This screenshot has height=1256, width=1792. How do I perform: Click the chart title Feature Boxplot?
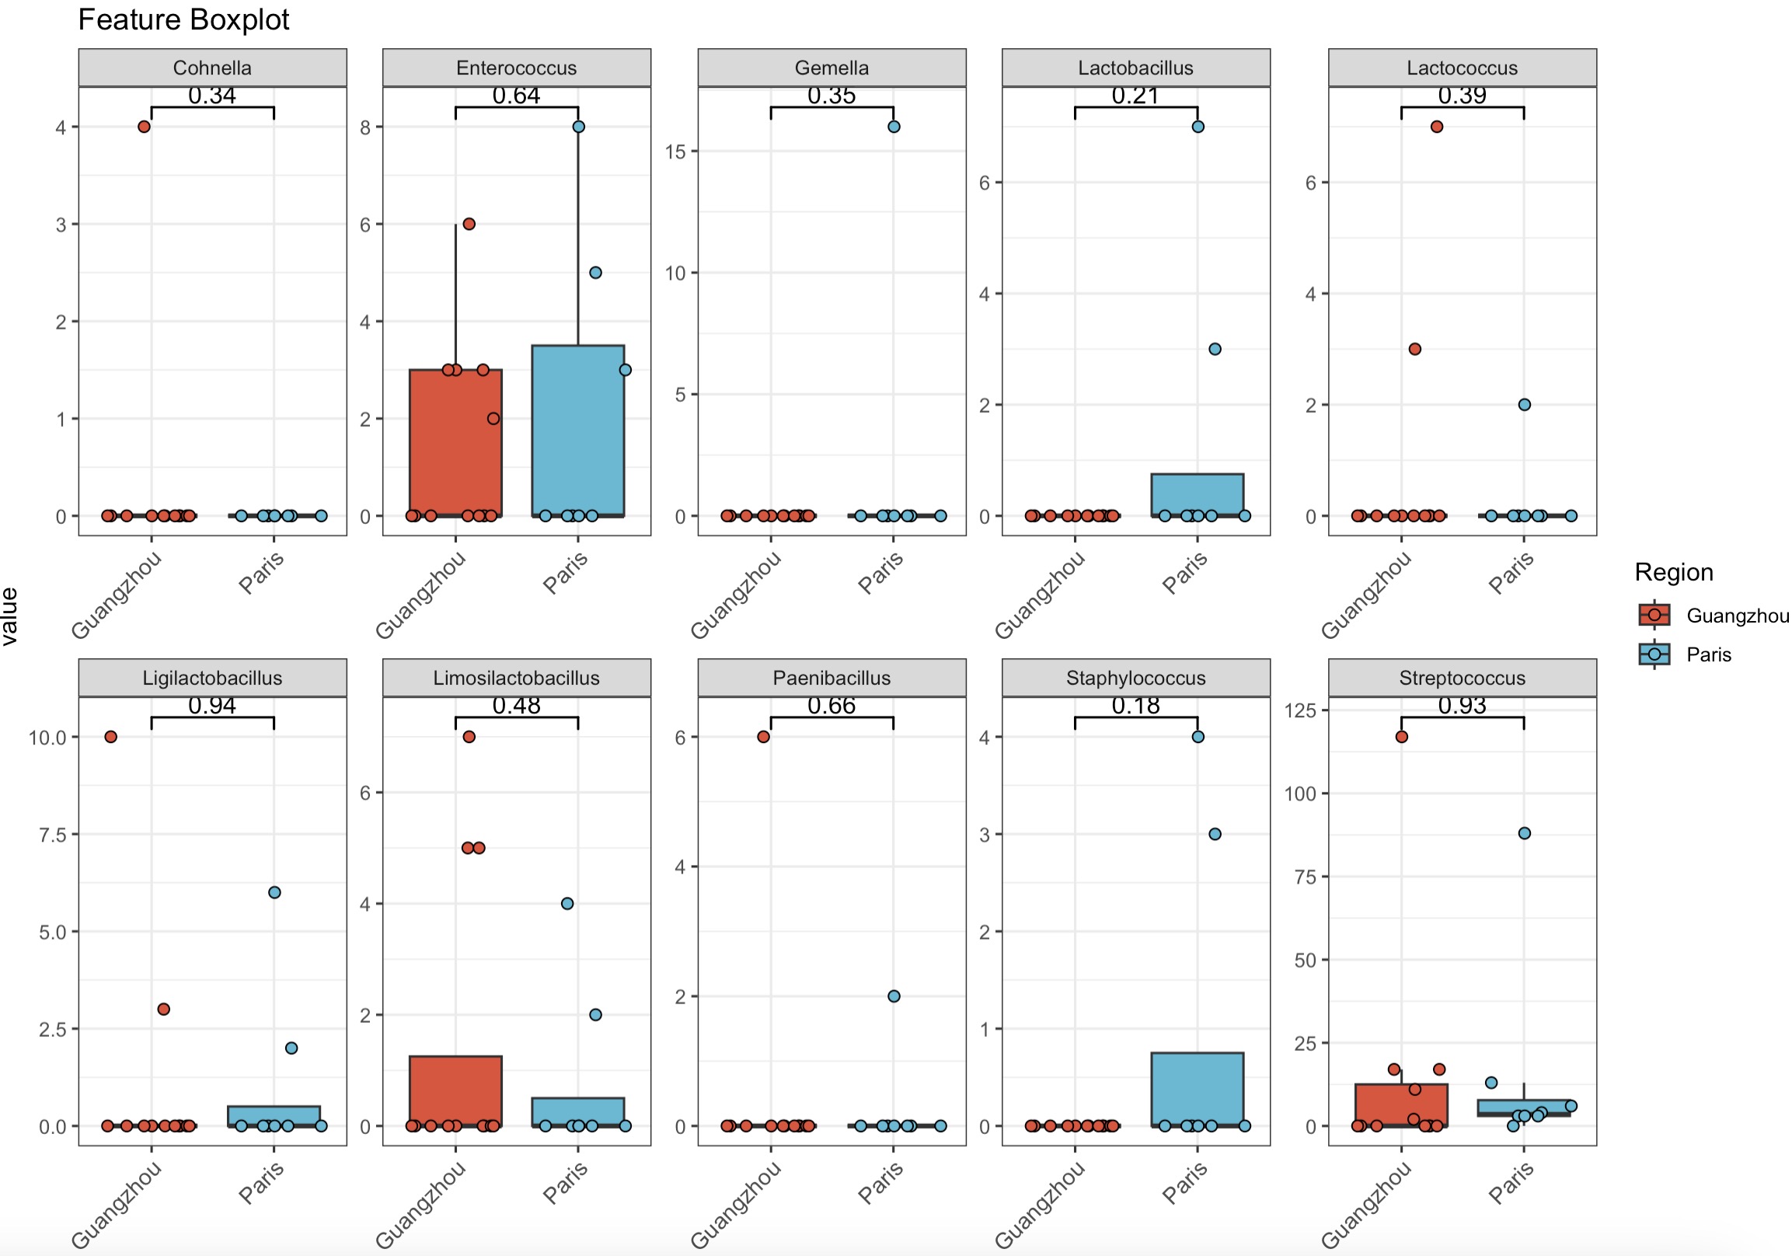(x=183, y=19)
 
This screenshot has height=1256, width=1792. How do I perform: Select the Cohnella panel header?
(x=212, y=68)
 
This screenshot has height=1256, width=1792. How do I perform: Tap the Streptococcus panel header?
(x=1462, y=678)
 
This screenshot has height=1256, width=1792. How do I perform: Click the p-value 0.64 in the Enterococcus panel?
(x=516, y=96)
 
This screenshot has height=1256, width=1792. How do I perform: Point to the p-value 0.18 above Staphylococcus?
(x=1135, y=706)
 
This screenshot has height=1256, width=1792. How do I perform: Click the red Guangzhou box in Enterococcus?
(x=456, y=441)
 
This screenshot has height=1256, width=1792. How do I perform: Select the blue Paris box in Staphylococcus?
(x=1198, y=1089)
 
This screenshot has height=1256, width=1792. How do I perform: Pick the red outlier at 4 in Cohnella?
(x=144, y=127)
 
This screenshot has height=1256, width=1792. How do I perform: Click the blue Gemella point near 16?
(x=894, y=127)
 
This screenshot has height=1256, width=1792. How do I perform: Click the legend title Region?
(x=1673, y=572)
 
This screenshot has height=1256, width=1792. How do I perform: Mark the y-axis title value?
(x=10, y=616)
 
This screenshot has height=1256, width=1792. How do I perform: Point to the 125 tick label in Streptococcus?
(x=1299, y=710)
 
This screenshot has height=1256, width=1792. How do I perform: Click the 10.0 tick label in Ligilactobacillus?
(x=47, y=737)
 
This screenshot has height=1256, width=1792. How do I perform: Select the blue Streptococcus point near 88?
(x=1525, y=833)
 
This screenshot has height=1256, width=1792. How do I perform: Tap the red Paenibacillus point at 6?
(x=763, y=736)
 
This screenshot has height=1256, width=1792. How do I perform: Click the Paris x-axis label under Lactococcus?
(x=1511, y=573)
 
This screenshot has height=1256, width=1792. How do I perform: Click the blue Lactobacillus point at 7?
(x=1198, y=127)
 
